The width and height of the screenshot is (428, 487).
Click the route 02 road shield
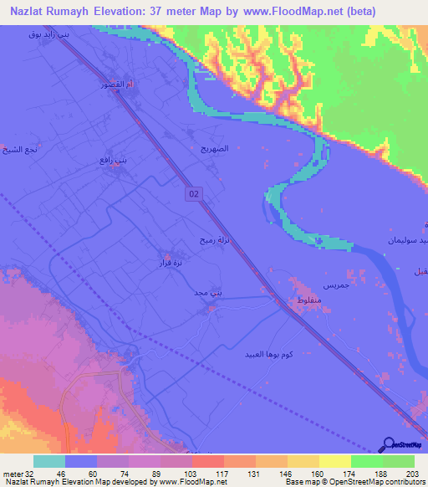pyautogui.click(x=194, y=193)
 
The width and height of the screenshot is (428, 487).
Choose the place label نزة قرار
pyautogui.click(x=171, y=263)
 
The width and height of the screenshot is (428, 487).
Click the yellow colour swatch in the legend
pyautogui.click(x=335, y=461)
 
